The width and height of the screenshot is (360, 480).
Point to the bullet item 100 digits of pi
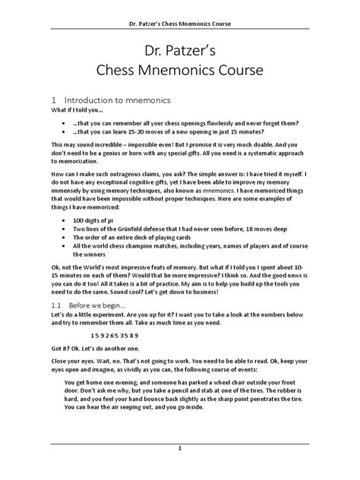click(x=99, y=236)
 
